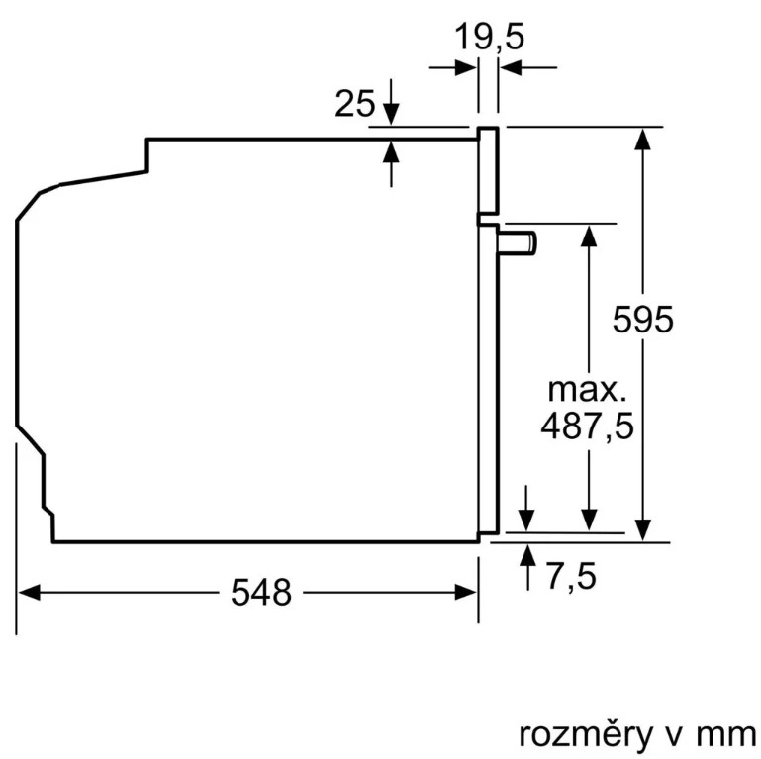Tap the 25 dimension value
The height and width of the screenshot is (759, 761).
coord(354,104)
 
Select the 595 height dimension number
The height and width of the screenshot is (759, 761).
coord(642,320)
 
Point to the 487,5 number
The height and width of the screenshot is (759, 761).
coord(588,427)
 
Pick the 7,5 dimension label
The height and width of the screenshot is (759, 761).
coord(571,576)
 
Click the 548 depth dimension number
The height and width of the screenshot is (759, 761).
coord(261,593)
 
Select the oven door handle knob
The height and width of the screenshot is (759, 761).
coord(521,241)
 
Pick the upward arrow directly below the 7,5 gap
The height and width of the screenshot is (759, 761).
coord(524,555)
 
